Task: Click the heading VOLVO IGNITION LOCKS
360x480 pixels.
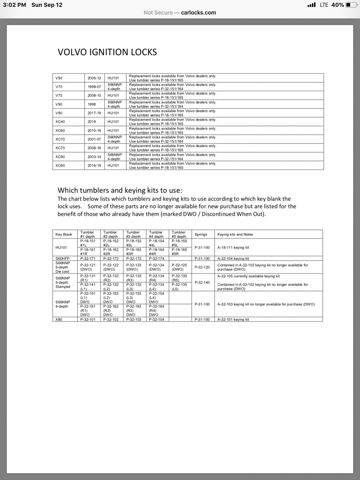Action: (x=107, y=52)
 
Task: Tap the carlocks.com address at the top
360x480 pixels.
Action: (x=198, y=12)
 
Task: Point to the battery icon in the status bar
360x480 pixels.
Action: (x=351, y=5)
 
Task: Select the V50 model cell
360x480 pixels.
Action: (x=59, y=78)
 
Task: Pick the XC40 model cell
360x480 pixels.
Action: (x=60, y=122)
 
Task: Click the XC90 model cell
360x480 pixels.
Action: (x=60, y=157)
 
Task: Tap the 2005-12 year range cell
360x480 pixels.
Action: (x=94, y=78)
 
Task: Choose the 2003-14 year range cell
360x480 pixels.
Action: (x=94, y=157)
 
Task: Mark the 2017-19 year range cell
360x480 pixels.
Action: (x=94, y=113)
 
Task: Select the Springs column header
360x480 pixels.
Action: (x=201, y=234)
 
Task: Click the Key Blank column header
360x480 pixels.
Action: (x=64, y=234)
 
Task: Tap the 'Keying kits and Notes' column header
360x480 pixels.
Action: (x=235, y=234)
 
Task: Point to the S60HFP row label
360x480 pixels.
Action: (x=62, y=258)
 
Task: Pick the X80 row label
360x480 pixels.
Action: (x=59, y=320)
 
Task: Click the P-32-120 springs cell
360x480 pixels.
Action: (x=202, y=267)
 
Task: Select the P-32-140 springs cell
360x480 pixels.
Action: (x=202, y=282)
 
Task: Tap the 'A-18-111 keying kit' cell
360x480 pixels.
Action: (x=233, y=248)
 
